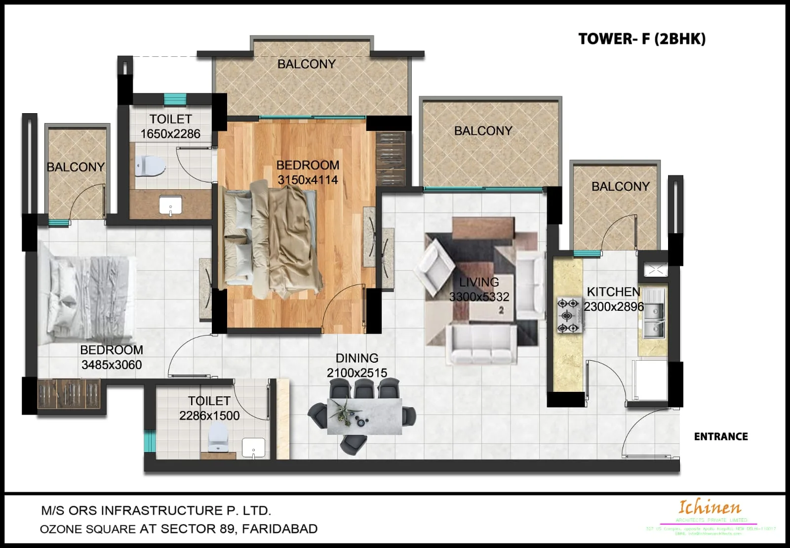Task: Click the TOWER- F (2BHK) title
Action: (x=641, y=39)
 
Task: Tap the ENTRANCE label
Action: (x=720, y=437)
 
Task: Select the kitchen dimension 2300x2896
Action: (x=614, y=307)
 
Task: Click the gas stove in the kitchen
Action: (x=568, y=315)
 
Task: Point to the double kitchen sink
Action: (x=653, y=318)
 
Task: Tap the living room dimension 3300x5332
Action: (x=479, y=297)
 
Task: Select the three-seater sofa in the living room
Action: (x=481, y=344)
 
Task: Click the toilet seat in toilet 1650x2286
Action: (x=150, y=166)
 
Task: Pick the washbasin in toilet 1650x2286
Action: (x=170, y=206)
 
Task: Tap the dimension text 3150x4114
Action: (x=308, y=180)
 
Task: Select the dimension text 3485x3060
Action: (x=112, y=365)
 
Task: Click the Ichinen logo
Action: (x=710, y=507)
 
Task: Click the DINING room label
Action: (x=357, y=358)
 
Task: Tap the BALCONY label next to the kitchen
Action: (x=620, y=187)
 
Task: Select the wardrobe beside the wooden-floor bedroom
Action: (x=391, y=158)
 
